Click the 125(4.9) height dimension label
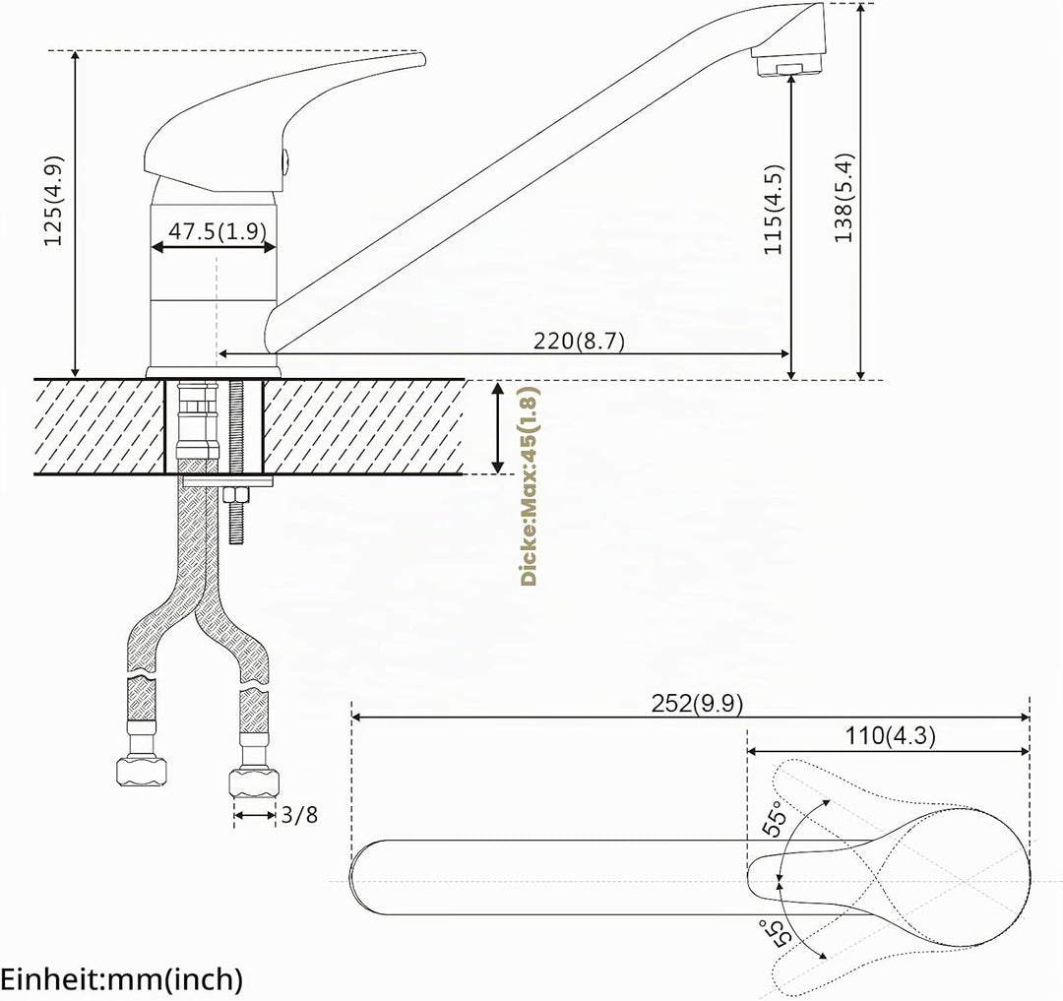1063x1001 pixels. point(53,201)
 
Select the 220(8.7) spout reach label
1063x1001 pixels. point(579,341)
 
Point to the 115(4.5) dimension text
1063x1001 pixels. point(773,209)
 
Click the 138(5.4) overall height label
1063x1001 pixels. point(844,198)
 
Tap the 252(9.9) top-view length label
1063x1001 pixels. point(697,704)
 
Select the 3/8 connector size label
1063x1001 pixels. point(299,815)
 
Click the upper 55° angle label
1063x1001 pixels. point(777,818)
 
